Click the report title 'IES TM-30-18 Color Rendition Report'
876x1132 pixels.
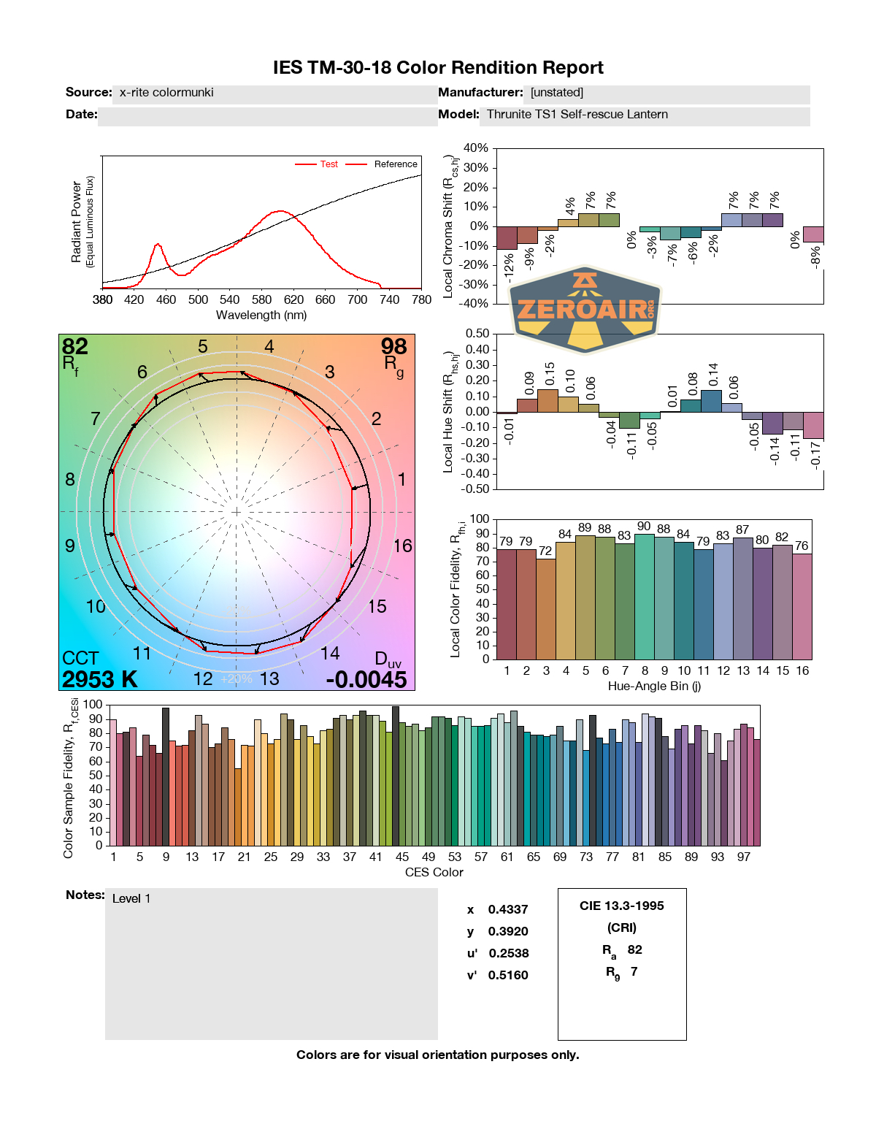[438, 68]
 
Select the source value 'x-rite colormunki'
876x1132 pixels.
[166, 93]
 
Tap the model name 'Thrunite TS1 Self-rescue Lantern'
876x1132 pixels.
[577, 115]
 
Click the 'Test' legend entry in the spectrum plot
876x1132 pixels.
[328, 164]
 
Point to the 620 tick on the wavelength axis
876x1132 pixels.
[293, 299]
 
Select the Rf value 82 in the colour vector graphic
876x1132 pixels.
[75, 346]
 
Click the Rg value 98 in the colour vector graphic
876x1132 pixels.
[393, 346]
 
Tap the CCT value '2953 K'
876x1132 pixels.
[99, 679]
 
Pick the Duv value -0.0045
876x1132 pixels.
[366, 679]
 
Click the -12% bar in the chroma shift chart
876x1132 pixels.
[507, 237]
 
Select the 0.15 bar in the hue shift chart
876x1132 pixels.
[547, 400]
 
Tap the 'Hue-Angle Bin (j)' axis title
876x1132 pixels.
[654, 686]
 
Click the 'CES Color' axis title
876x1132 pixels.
[434, 872]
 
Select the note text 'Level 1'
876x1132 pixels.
[131, 899]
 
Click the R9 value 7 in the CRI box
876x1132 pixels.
[634, 972]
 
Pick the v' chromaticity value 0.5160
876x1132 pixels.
[508, 976]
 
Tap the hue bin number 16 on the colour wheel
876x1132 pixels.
[402, 546]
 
